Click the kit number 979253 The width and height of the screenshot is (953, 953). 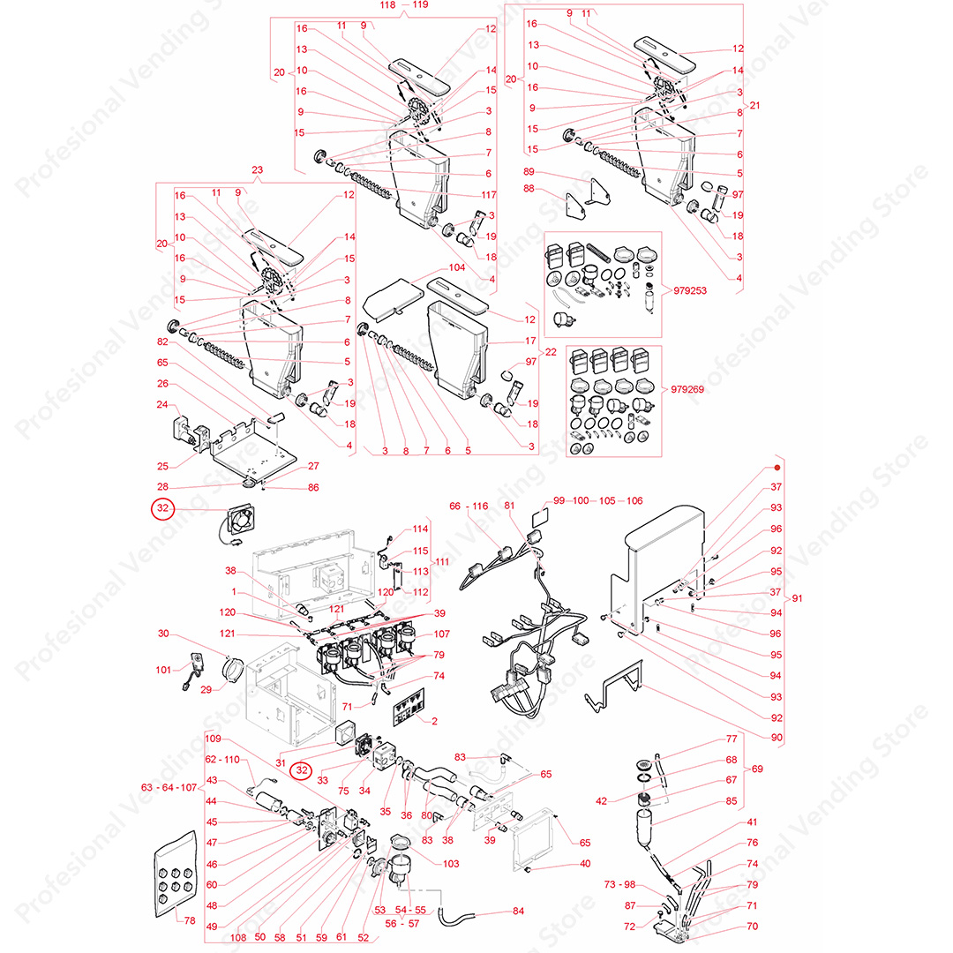pyautogui.click(x=689, y=290)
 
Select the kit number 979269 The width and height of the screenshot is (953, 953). pyautogui.click(x=687, y=389)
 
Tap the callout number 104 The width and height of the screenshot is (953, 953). pyautogui.click(x=457, y=267)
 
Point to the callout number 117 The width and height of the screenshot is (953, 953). pyautogui.click(x=489, y=194)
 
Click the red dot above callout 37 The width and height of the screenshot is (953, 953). pyautogui.click(x=777, y=468)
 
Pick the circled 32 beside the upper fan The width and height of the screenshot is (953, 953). pyautogui.click(x=163, y=508)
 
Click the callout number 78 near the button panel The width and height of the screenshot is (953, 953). pyautogui.click(x=190, y=920)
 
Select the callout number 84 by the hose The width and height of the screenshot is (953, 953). pyautogui.click(x=518, y=911)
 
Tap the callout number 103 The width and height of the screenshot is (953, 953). pyautogui.click(x=450, y=864)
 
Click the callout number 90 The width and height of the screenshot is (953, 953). pyautogui.click(x=777, y=737)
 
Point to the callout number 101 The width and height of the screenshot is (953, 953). pyautogui.click(x=163, y=670)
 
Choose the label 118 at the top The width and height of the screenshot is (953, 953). pyautogui.click(x=387, y=5)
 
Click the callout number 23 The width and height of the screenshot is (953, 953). pyautogui.click(x=257, y=169)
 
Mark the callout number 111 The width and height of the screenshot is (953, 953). pyautogui.click(x=442, y=561)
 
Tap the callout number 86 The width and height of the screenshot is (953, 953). pyautogui.click(x=313, y=487)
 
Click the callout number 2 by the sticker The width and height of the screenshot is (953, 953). pyautogui.click(x=434, y=721)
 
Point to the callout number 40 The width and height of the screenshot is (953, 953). pyautogui.click(x=585, y=863)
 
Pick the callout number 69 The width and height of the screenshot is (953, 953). pyautogui.click(x=757, y=769)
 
